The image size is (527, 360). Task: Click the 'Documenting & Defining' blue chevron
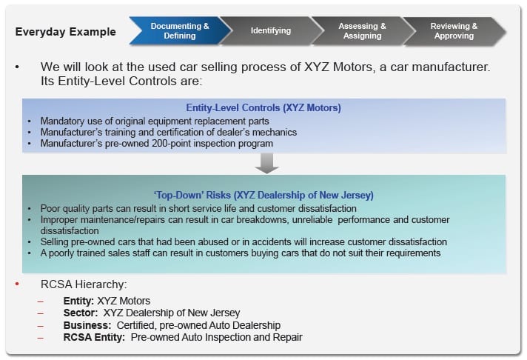click(x=179, y=31)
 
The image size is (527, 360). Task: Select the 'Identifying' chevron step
click(x=270, y=31)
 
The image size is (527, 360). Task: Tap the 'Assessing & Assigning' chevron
click(x=362, y=31)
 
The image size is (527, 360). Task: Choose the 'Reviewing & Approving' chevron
click(x=454, y=31)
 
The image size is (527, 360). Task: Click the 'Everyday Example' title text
click(x=66, y=32)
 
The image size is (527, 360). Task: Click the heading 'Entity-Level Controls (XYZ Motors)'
click(x=263, y=108)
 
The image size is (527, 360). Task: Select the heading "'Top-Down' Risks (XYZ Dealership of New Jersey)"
click(x=263, y=196)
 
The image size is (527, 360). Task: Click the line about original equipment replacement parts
click(x=148, y=120)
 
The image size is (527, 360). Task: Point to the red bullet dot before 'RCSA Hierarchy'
click(x=17, y=284)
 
